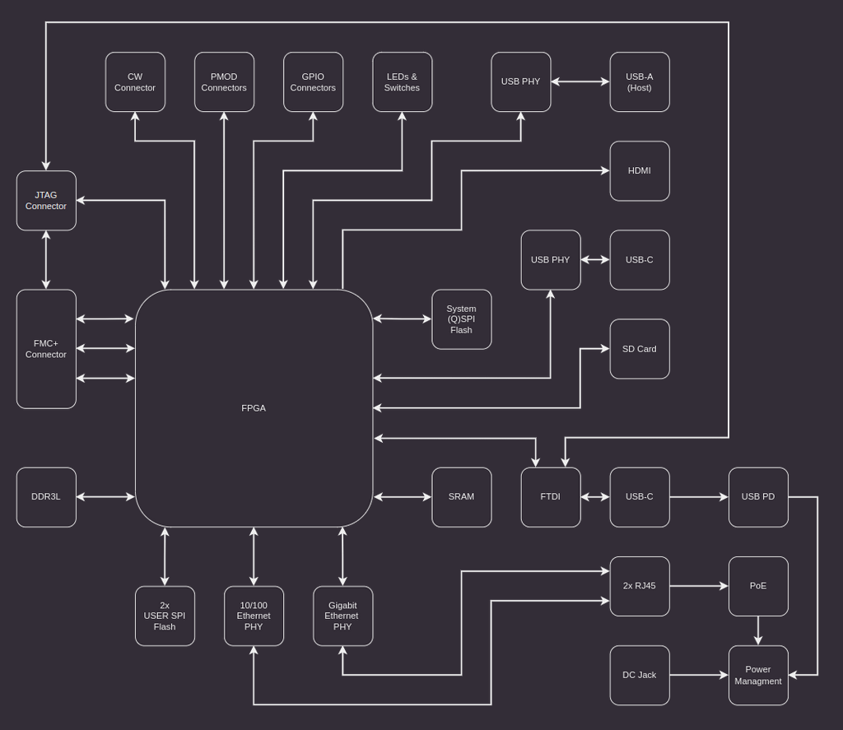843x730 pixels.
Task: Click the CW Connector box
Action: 135,82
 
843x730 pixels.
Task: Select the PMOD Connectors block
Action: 224,82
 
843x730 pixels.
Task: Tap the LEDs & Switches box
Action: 402,82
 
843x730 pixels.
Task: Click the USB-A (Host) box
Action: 640,82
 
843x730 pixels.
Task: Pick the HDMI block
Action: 640,171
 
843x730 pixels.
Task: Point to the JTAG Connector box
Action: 46,201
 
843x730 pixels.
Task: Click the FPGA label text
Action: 254,408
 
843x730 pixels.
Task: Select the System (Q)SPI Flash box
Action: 462,319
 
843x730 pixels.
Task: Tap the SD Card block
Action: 640,349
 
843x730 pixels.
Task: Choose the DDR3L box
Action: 46,497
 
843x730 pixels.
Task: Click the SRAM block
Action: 462,497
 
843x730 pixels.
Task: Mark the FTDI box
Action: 551,497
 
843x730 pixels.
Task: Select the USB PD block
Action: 758,497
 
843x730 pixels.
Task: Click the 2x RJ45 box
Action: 640,586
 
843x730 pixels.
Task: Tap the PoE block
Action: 758,586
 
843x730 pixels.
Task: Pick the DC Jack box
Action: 640,675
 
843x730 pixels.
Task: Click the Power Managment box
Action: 758,675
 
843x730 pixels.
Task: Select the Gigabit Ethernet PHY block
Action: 342,616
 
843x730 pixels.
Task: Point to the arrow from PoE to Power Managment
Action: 758,630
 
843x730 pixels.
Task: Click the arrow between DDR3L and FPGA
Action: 105,497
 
